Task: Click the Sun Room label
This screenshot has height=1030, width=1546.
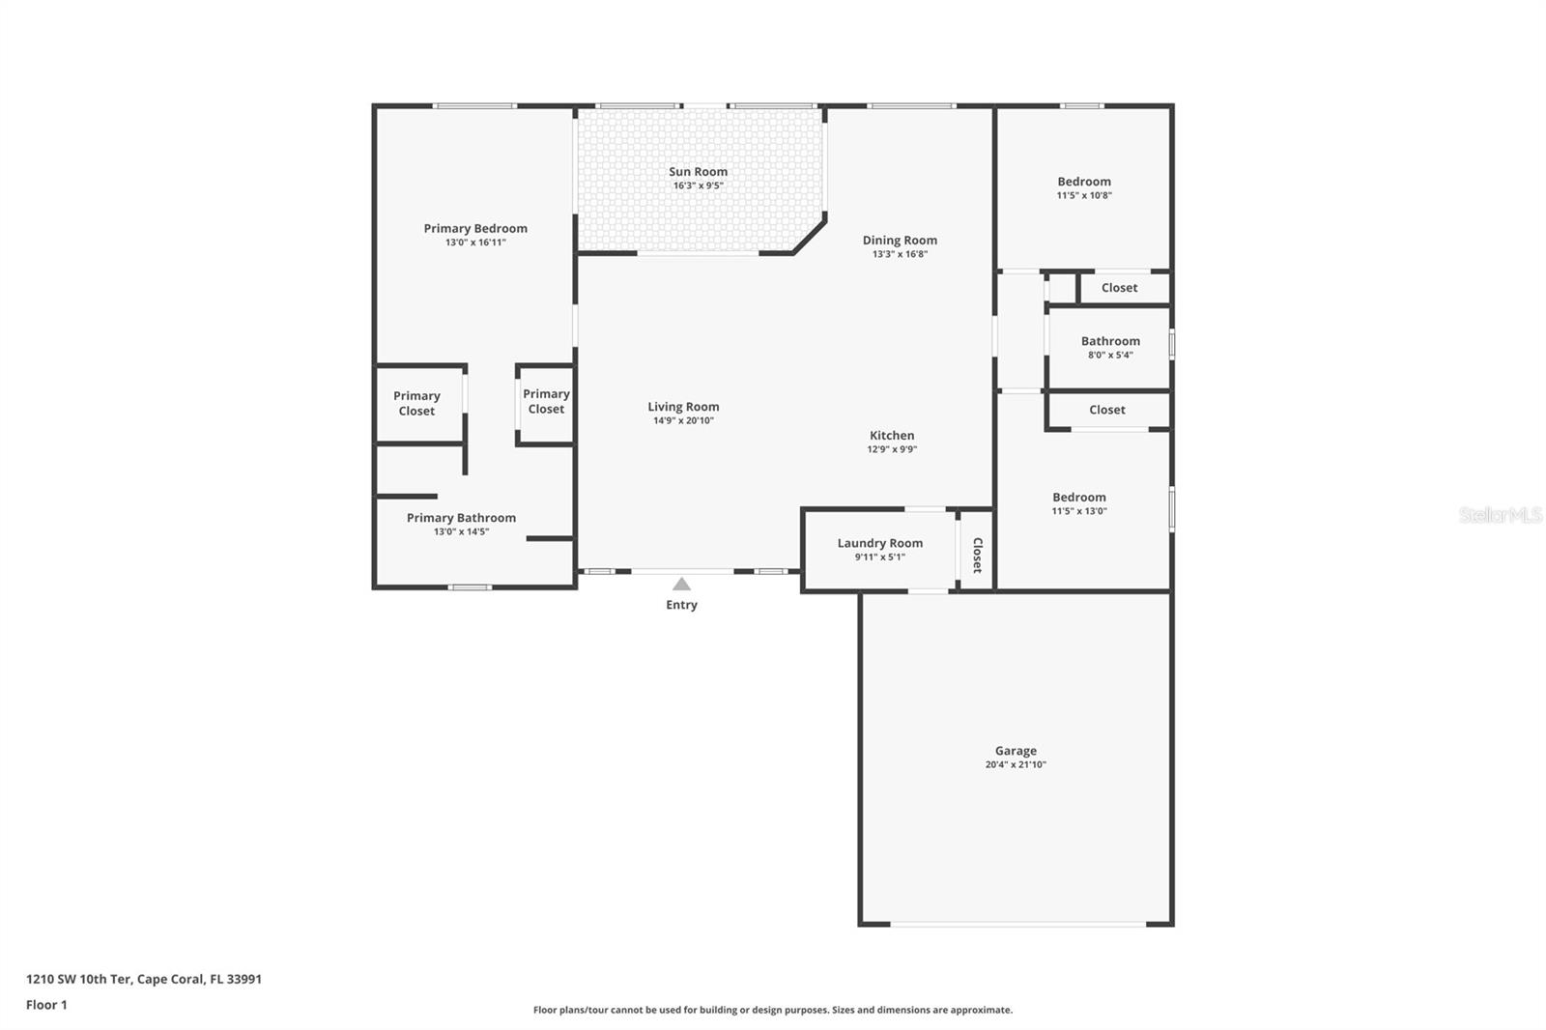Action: click(x=698, y=172)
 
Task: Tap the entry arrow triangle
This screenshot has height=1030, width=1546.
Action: click(x=681, y=584)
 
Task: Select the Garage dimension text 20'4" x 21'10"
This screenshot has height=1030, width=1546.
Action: click(x=1016, y=764)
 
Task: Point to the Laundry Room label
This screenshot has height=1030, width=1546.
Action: click(x=879, y=543)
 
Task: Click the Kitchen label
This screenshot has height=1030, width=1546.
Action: click(x=891, y=436)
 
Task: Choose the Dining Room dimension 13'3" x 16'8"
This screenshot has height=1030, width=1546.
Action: click(x=900, y=254)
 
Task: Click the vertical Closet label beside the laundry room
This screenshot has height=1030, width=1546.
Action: click(x=977, y=555)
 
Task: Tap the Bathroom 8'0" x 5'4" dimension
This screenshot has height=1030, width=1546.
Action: click(x=1110, y=355)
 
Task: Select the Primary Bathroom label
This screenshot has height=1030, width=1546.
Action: click(x=461, y=518)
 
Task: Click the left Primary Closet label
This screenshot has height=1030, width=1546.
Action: click(x=416, y=403)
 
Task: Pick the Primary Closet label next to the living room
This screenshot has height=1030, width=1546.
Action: click(x=546, y=401)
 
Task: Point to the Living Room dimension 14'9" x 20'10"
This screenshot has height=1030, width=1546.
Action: click(x=683, y=420)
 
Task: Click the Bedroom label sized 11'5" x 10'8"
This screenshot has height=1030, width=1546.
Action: click(x=1084, y=182)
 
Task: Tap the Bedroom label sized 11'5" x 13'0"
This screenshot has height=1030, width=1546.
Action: click(x=1079, y=498)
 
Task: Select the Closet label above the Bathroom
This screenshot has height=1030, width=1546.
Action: click(x=1119, y=288)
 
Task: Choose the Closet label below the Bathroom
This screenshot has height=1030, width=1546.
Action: click(x=1107, y=410)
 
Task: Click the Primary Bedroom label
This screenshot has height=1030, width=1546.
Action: click(x=475, y=229)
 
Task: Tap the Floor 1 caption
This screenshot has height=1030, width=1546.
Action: click(x=46, y=1005)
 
